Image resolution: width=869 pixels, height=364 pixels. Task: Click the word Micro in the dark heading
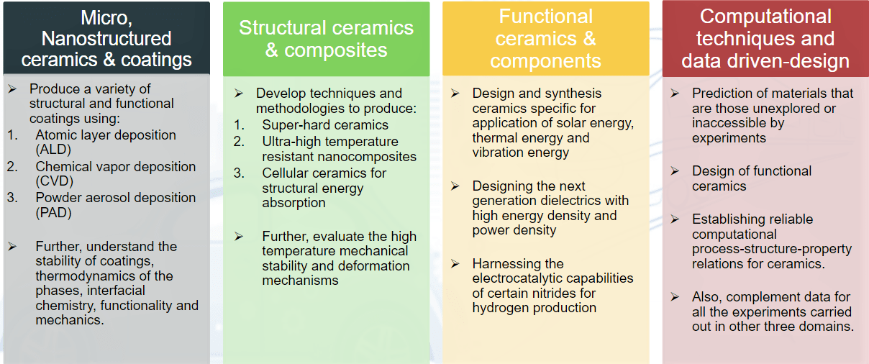pyautogui.click(x=106, y=18)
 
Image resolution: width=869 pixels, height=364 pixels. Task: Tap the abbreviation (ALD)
pyautogui.click(x=53, y=150)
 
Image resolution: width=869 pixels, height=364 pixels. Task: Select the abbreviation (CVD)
pyautogui.click(x=55, y=181)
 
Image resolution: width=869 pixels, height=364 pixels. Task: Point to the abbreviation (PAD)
pyautogui.click(x=53, y=213)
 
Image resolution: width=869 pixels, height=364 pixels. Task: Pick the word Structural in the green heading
pyautogui.click(x=283, y=28)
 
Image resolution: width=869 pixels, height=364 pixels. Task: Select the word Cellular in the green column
pyautogui.click(x=285, y=173)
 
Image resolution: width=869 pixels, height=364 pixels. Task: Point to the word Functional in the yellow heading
pyautogui.click(x=545, y=17)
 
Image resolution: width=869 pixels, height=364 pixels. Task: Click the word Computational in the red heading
pyautogui.click(x=765, y=17)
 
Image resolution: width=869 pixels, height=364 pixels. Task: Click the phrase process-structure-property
pyautogui.click(x=772, y=249)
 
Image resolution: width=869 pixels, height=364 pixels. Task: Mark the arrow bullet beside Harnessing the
pyautogui.click(x=455, y=264)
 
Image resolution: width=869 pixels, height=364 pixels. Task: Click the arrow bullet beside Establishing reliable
pyautogui.click(x=675, y=219)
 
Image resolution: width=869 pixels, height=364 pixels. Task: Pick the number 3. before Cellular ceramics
pyautogui.click(x=239, y=173)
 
